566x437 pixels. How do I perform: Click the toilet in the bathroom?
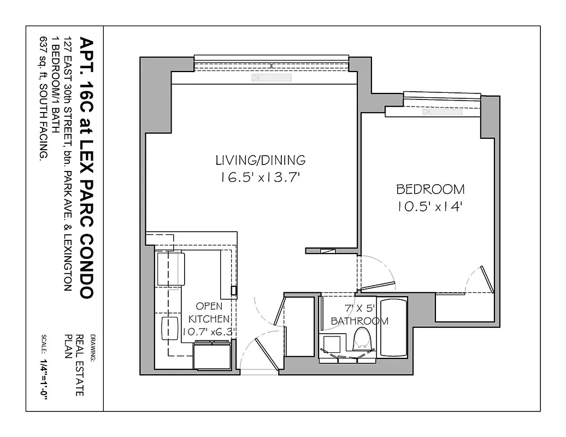361,339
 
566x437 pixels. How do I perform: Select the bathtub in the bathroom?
393,327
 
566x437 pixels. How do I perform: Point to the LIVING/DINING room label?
260,160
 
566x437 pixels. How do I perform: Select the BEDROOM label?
430,190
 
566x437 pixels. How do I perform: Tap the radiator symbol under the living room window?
272,78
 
